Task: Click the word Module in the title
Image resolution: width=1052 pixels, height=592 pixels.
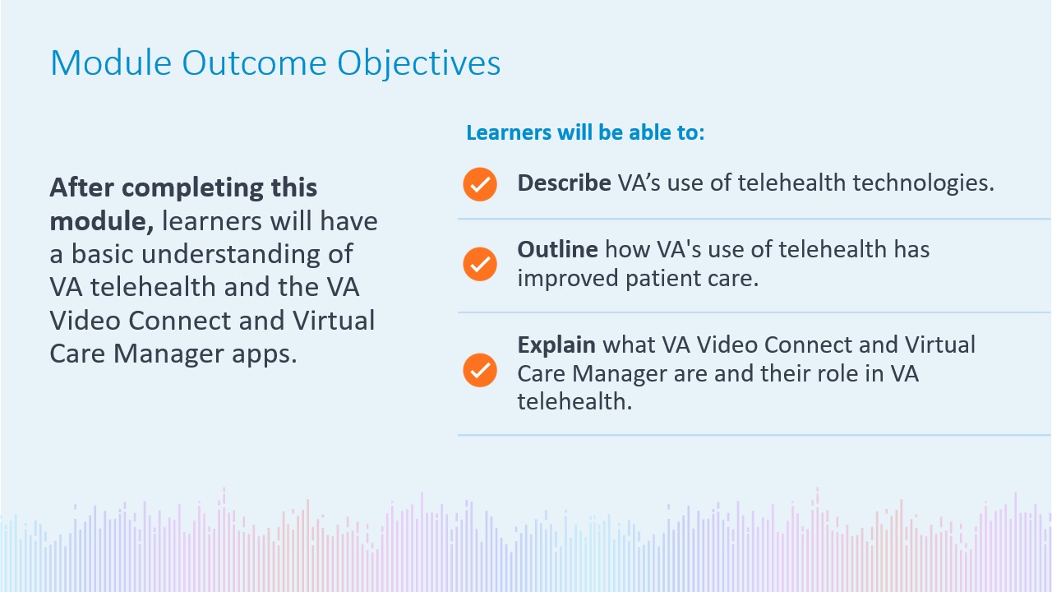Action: click(111, 62)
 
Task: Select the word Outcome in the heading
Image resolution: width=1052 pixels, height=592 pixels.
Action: click(254, 63)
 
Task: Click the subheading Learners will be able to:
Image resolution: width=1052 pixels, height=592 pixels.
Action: click(585, 132)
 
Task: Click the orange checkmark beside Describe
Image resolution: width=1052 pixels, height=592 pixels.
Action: click(480, 184)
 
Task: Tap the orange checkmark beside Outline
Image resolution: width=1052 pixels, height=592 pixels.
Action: click(480, 264)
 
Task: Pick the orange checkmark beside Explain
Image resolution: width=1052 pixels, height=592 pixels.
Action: click(480, 370)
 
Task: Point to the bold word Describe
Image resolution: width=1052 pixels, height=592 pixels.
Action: click(564, 183)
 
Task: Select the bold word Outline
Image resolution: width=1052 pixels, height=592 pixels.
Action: click(557, 249)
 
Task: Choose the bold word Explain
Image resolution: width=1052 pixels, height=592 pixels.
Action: click(556, 345)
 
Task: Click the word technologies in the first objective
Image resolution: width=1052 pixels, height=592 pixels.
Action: click(923, 183)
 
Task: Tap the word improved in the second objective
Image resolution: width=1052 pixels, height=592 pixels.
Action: click(568, 279)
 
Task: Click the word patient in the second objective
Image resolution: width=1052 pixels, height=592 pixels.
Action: click(662, 279)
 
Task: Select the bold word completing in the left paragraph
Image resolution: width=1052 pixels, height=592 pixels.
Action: click(192, 189)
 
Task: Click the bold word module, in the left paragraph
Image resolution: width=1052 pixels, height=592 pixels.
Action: click(101, 221)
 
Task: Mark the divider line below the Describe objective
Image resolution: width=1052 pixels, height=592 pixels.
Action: click(754, 219)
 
